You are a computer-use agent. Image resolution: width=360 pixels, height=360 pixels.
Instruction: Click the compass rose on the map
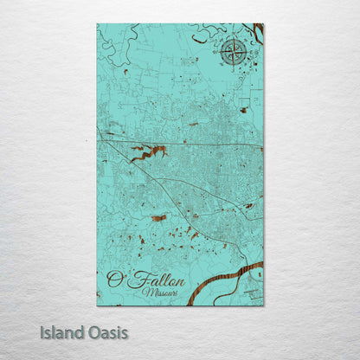(233, 53)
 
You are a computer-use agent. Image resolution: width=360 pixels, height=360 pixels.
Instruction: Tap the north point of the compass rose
(233, 39)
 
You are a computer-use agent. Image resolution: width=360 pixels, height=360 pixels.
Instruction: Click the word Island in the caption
(61, 331)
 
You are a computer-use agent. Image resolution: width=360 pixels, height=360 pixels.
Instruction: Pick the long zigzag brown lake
(149, 153)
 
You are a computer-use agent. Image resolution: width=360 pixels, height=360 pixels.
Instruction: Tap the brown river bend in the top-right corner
(257, 33)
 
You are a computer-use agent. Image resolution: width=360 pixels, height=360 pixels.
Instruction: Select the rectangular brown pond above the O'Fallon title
(158, 218)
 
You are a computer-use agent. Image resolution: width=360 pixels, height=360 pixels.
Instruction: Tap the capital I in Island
(42, 331)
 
